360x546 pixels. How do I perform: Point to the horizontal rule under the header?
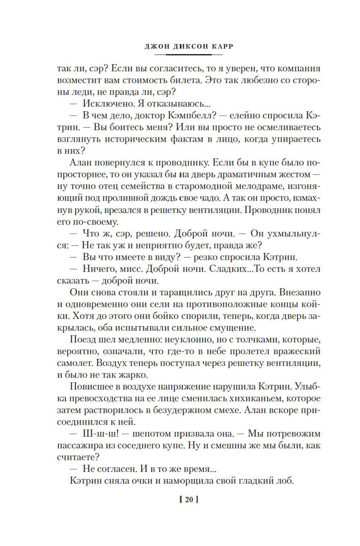pyautogui.click(x=188, y=55)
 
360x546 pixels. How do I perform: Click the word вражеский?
pyautogui.click(x=296, y=351)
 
